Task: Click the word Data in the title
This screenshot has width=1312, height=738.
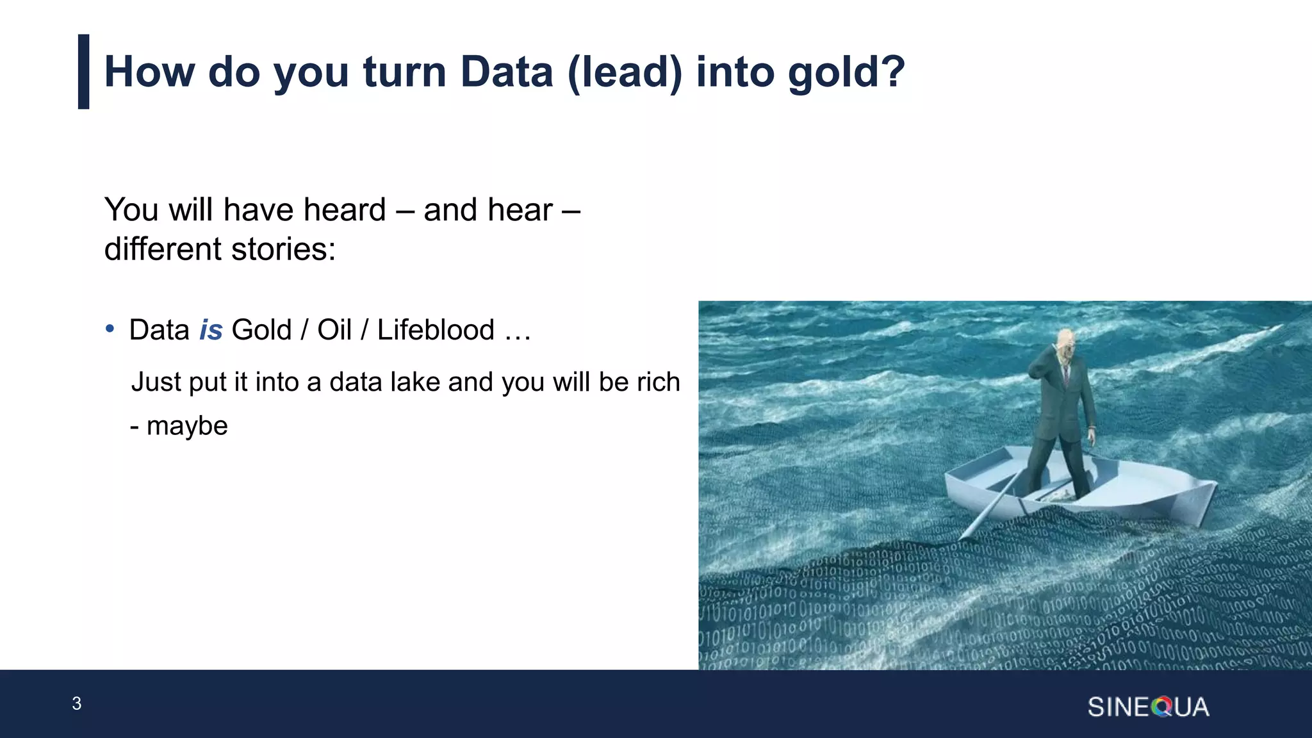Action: (506, 72)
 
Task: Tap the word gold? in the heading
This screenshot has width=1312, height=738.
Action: (846, 72)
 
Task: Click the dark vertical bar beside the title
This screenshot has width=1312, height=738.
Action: (83, 72)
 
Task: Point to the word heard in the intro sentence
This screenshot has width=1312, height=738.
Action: (344, 210)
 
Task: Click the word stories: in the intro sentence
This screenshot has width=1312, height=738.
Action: (283, 249)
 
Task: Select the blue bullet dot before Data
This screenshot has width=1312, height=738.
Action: (110, 329)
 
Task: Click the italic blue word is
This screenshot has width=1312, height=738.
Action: (211, 331)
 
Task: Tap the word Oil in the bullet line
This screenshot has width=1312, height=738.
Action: (334, 331)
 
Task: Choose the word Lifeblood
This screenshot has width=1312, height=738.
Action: (436, 331)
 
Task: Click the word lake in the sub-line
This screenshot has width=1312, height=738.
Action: (415, 382)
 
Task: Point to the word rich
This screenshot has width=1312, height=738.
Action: (658, 382)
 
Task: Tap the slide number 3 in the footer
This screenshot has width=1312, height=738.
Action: (76, 703)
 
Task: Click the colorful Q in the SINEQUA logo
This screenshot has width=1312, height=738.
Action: (1161, 707)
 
